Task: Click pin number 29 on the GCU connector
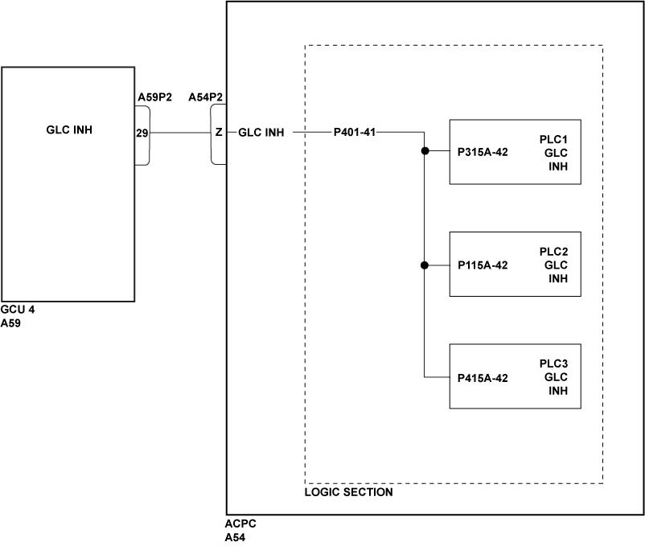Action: pos(142,133)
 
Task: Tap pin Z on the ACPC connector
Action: pos(218,133)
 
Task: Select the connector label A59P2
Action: pos(155,97)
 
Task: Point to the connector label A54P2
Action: pos(206,97)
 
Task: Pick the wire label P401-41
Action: pos(355,133)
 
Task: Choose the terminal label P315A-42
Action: pos(483,152)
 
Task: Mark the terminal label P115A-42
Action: pos(483,265)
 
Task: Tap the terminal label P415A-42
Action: pos(483,378)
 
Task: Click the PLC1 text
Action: pos(554,138)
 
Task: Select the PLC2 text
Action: pos(554,251)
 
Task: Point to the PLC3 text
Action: pos(554,363)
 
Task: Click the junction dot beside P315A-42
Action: pos(424,151)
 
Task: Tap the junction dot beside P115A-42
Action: pos(424,265)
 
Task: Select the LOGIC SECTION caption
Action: pos(349,492)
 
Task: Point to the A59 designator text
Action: pos(10,322)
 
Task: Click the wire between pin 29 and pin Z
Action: pos(181,133)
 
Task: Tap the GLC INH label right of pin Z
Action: pos(261,133)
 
